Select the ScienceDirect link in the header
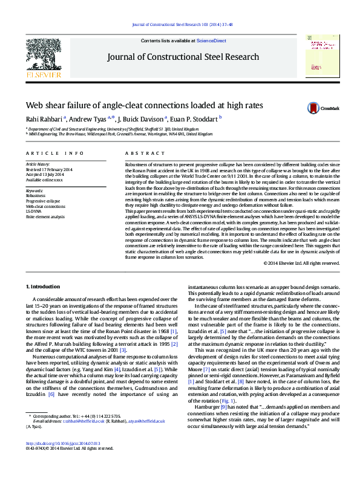tap(211, 40)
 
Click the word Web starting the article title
tap(34, 105)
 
